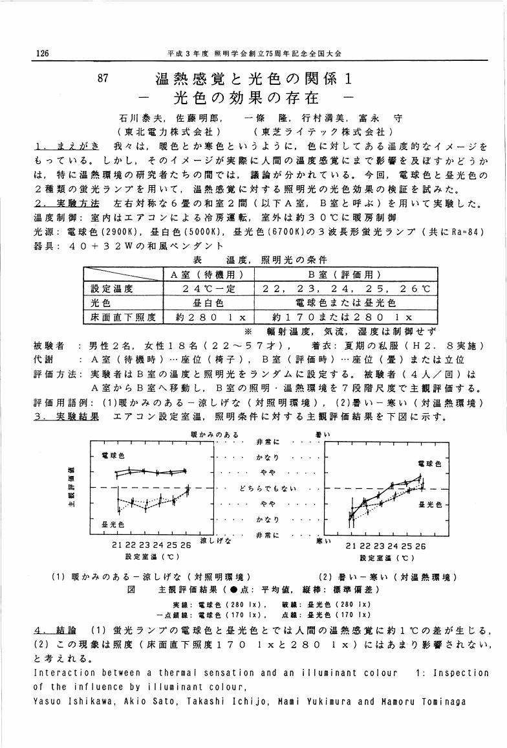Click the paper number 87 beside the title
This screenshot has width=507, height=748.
tap(103, 79)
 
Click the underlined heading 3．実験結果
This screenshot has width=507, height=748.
tap(67, 416)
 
